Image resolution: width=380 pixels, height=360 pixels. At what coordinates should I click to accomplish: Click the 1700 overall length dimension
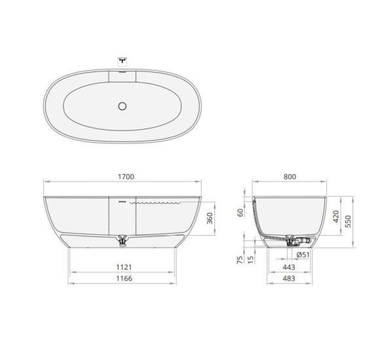pos(123,177)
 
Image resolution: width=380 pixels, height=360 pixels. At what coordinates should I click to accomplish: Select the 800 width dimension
pos(290,177)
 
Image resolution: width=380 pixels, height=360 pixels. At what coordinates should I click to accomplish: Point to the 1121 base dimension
pos(123,267)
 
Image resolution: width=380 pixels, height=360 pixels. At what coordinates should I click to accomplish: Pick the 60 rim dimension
pos(240,212)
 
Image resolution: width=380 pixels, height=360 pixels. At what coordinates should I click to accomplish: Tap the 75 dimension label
pos(240,259)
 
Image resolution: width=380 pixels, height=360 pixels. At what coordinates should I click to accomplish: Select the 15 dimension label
pos(251,259)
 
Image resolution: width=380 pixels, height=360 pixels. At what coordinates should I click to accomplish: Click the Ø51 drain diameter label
pos(303,255)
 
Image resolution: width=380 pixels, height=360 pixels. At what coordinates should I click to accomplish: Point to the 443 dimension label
pos(289,267)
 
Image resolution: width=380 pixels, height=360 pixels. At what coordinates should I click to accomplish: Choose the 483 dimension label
pos(289,279)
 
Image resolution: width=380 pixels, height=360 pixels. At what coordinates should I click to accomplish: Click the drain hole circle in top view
pos(122,105)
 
